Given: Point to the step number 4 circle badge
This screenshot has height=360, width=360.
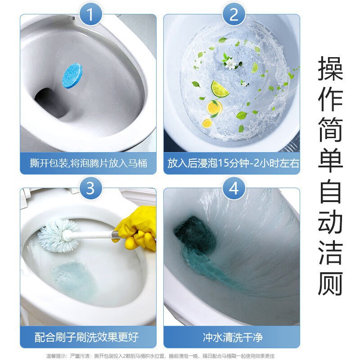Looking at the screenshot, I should (x=234, y=188).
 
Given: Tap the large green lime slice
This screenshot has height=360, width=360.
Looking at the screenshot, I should (x=220, y=89).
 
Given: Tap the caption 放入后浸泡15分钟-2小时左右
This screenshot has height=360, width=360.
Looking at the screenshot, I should (x=233, y=163).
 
